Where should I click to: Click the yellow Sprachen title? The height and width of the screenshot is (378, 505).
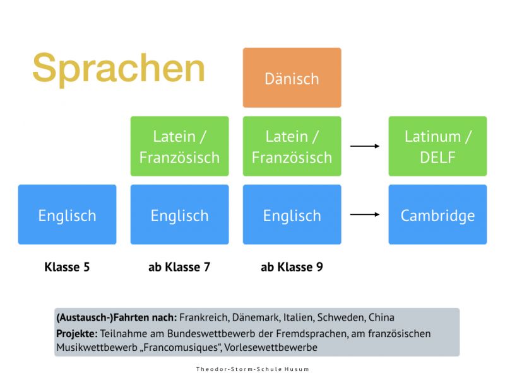[119, 68]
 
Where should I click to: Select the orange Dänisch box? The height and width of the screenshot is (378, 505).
[292, 78]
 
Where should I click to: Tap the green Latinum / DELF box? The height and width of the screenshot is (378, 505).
[437, 146]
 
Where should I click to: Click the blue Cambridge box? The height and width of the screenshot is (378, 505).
[437, 215]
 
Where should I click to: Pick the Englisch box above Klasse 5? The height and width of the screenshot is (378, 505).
[67, 215]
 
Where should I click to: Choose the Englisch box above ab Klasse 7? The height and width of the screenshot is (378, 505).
[179, 215]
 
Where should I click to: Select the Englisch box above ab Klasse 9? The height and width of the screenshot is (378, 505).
[292, 215]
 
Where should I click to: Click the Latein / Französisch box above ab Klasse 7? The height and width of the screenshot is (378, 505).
[179, 146]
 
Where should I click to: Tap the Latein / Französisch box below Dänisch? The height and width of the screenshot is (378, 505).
[292, 146]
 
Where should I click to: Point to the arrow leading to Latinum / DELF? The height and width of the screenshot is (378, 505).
[365, 146]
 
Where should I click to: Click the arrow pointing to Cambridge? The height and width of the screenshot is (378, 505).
[365, 215]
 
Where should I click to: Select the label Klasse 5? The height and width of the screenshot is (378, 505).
[67, 267]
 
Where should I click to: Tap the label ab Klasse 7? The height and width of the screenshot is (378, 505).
[179, 267]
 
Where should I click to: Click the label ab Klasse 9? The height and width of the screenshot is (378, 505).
[292, 267]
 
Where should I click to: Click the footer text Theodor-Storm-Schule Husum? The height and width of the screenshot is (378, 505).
[252, 369]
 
